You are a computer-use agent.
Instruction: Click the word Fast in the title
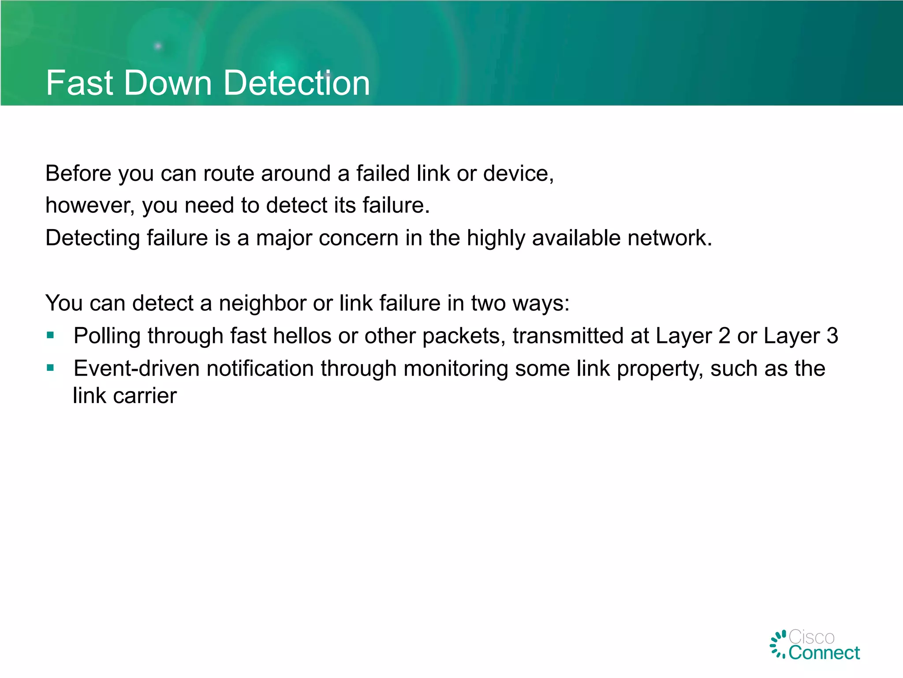[79, 83]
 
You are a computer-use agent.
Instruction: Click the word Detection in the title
[296, 83]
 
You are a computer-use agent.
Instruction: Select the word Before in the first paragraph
[78, 173]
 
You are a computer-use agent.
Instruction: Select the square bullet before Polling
[50, 335]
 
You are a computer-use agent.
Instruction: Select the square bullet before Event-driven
[50, 368]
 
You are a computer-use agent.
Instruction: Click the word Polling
[107, 336]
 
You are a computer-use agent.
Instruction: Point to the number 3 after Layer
[832, 336]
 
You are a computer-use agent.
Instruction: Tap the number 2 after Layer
[724, 336]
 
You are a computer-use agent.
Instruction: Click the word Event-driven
[136, 369]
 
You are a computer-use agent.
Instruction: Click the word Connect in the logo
[824, 653]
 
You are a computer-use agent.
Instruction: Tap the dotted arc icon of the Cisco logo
[778, 644]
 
